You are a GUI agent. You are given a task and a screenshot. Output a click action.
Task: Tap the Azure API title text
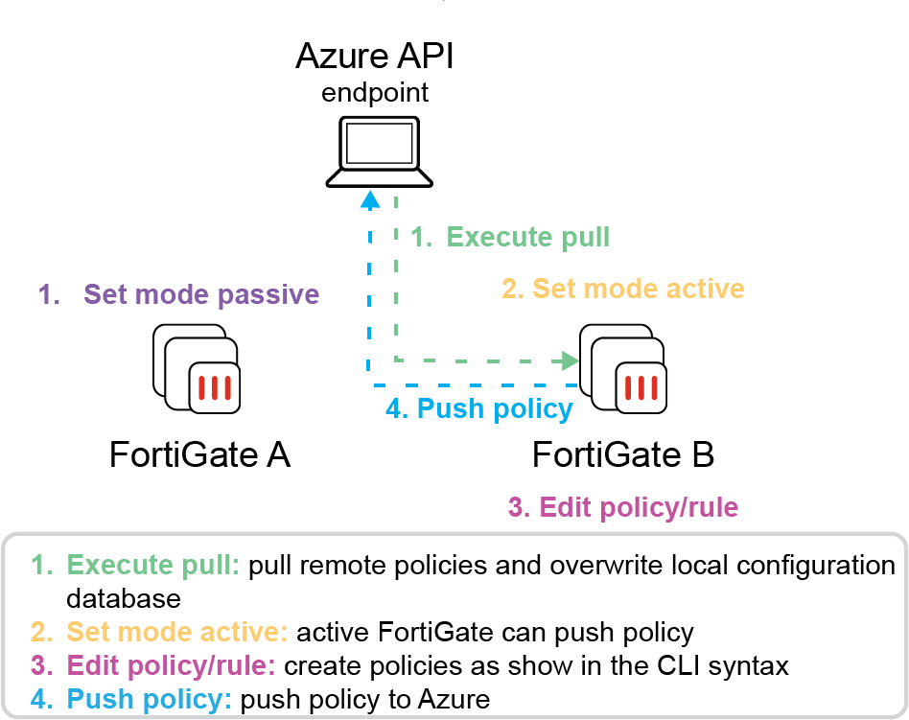[x=374, y=58]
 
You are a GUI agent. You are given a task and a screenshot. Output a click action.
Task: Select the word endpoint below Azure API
[x=374, y=94]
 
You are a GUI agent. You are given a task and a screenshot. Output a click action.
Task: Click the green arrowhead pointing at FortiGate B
[x=571, y=360]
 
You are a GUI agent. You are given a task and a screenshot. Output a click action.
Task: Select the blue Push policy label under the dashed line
[x=478, y=409]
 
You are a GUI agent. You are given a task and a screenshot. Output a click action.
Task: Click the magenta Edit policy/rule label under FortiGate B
[x=623, y=506]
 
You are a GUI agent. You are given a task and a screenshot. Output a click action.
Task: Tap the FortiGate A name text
[x=199, y=453]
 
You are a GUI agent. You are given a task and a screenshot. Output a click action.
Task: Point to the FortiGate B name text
[x=623, y=453]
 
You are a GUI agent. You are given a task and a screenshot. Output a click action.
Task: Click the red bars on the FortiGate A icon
[x=214, y=388]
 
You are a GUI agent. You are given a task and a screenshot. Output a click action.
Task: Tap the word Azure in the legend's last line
[x=450, y=699]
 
